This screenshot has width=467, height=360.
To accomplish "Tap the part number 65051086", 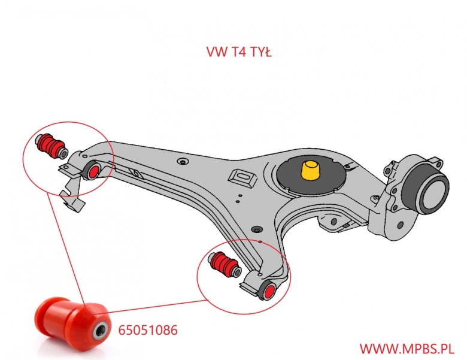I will pyautogui.click(x=147, y=329).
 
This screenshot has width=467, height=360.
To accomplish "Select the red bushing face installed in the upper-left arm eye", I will pyautogui.click(x=93, y=171).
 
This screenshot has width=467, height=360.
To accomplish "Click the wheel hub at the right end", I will pyautogui.click(x=427, y=190).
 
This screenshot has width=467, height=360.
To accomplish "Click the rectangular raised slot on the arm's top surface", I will pyautogui.click(x=243, y=178).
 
